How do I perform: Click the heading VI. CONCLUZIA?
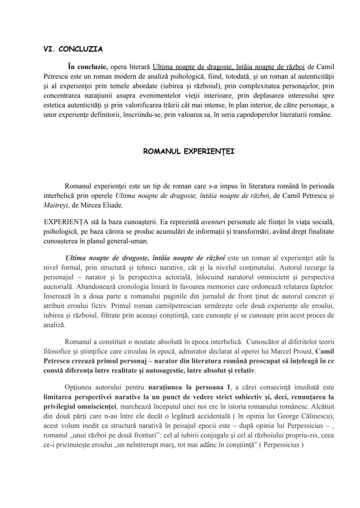pos(73,49)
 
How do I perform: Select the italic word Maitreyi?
pos(56,204)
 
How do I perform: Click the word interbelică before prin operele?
pos(62,195)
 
